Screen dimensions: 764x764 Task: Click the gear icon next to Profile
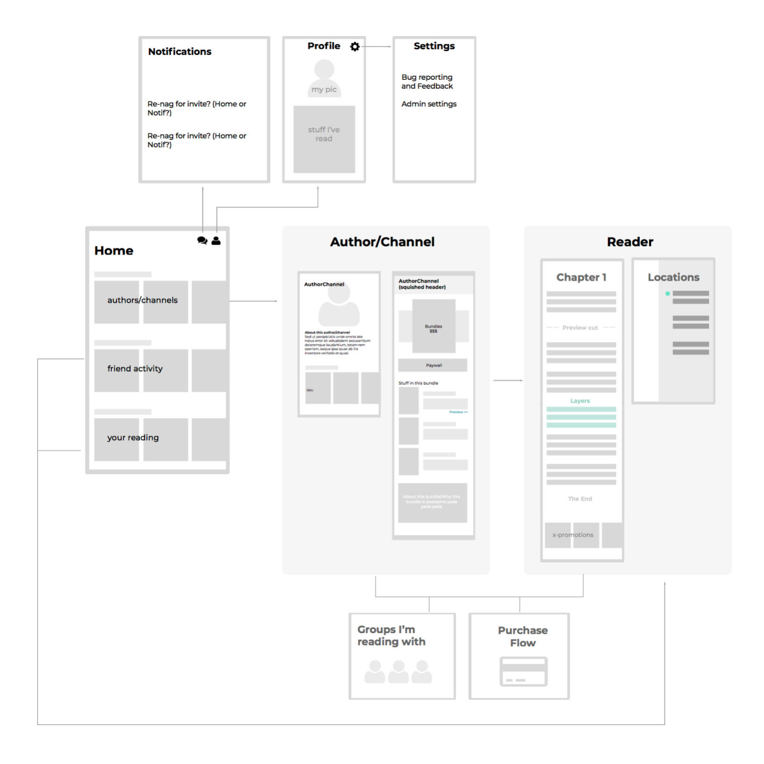click(355, 47)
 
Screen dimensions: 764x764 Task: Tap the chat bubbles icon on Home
click(202, 241)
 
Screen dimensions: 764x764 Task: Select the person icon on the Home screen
click(216, 241)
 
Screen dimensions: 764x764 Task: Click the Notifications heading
click(179, 51)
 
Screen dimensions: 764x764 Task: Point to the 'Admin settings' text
click(429, 104)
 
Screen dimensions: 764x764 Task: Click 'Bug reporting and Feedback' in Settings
click(427, 81)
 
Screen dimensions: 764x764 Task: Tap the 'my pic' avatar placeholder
click(324, 79)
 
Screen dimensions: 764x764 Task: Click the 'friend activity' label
click(135, 369)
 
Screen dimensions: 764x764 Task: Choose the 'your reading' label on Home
click(133, 437)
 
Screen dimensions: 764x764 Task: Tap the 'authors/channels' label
click(143, 300)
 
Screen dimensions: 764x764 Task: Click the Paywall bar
click(433, 365)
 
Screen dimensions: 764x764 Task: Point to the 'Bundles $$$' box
click(433, 328)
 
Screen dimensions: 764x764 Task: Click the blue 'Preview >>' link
click(458, 412)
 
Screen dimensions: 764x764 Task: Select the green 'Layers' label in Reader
click(580, 401)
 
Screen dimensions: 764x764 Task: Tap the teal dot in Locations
click(668, 294)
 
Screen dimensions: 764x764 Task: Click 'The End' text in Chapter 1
click(580, 499)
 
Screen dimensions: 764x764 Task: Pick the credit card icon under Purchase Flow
click(523, 671)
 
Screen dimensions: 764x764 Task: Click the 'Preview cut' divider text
click(580, 328)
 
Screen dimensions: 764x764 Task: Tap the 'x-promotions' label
click(573, 535)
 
